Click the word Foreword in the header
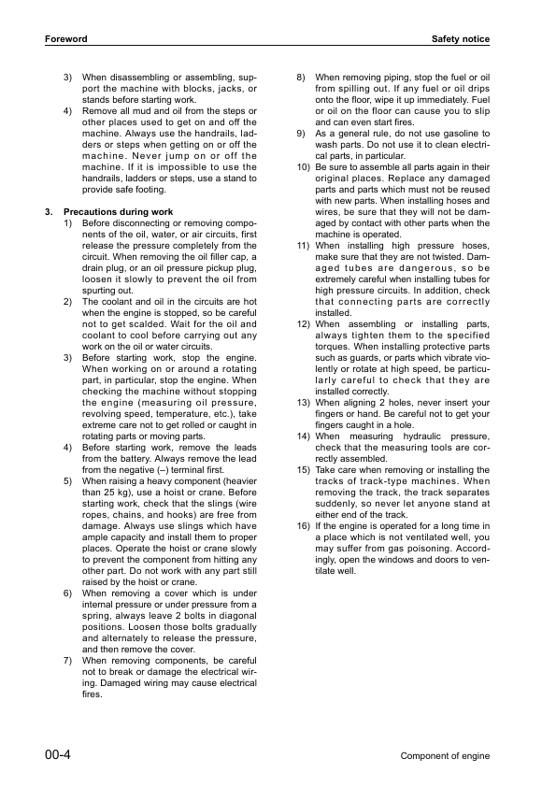point(65,39)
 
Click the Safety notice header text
point(461,39)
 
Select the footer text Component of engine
point(445,755)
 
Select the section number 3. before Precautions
point(49,212)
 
